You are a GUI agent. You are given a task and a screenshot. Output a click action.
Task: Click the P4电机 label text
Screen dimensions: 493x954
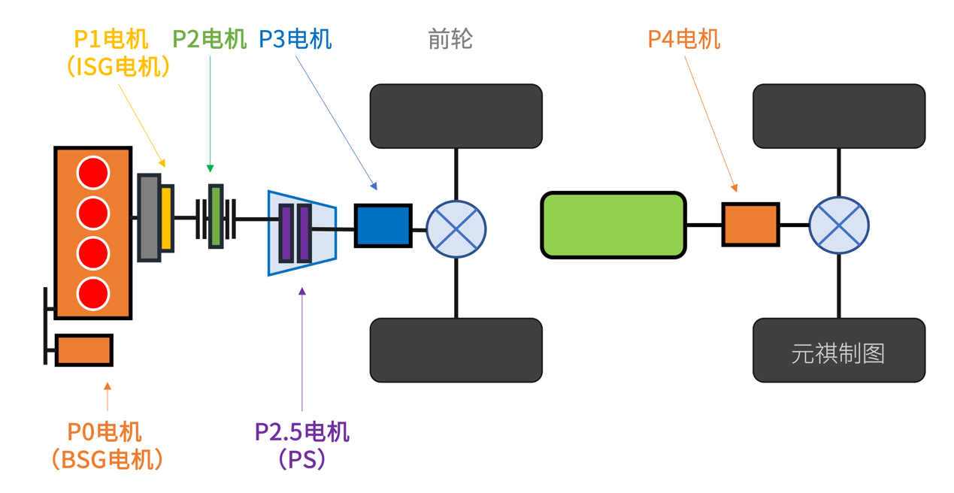[x=683, y=39]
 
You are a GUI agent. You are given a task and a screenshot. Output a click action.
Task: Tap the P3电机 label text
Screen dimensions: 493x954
[x=295, y=39]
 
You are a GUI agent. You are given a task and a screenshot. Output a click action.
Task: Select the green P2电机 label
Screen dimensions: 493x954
[x=210, y=39]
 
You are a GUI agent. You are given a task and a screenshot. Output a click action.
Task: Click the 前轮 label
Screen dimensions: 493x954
[x=450, y=39]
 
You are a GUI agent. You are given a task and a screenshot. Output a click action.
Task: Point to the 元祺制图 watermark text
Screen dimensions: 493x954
[x=837, y=353]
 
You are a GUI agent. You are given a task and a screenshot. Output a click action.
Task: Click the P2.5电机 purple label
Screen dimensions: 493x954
[x=301, y=432]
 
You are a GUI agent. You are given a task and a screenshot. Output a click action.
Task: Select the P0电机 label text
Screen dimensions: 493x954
[x=104, y=432]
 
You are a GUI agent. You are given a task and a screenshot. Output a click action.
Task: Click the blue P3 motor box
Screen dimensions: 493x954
[x=383, y=225]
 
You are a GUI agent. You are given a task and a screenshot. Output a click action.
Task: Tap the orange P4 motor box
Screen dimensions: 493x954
[x=750, y=224]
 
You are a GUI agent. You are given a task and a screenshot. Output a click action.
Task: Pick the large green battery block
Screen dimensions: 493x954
[x=613, y=225]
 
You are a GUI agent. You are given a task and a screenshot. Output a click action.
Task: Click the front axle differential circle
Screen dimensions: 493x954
[x=456, y=229]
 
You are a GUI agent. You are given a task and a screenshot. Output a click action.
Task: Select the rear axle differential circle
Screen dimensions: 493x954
[x=839, y=225]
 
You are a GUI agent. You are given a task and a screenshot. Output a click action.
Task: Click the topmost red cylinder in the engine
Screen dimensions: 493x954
[x=93, y=173]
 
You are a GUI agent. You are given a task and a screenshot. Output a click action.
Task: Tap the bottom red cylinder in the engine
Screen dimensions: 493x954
[x=93, y=293]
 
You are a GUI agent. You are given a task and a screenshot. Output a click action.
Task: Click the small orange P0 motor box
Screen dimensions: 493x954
[x=84, y=350]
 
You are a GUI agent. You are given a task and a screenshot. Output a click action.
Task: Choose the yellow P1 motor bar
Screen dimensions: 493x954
[x=167, y=218]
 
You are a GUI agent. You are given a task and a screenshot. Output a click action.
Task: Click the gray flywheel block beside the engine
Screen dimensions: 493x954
[x=149, y=218]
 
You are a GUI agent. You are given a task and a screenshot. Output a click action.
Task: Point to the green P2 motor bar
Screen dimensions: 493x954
[x=216, y=216]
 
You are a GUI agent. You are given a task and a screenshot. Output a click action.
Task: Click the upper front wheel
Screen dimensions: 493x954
[x=456, y=116]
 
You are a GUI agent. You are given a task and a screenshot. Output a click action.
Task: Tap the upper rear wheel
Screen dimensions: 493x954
[x=839, y=116]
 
